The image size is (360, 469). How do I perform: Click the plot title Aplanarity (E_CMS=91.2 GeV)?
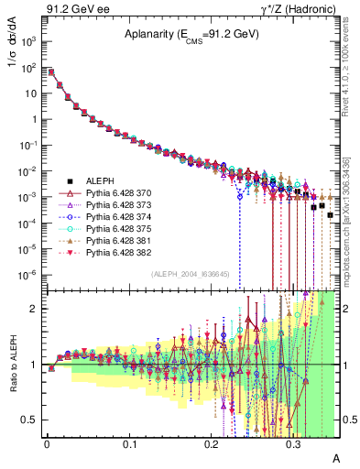[x=191, y=35]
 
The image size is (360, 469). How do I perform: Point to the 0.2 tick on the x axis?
[x=211, y=442]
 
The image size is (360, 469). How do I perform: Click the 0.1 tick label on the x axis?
[x=128, y=442]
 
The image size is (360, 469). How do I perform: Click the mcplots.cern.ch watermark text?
[x=351, y=238]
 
